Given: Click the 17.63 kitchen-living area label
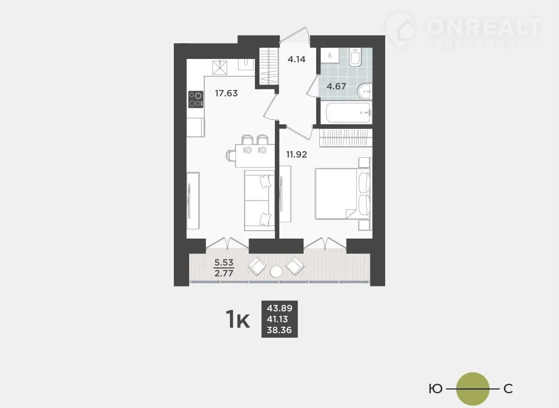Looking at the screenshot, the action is (226, 93).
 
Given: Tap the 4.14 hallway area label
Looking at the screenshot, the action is (297, 59).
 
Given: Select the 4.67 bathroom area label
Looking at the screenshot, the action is (337, 86).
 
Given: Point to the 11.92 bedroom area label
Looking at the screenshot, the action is (297, 155).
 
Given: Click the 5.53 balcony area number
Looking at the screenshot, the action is (224, 262).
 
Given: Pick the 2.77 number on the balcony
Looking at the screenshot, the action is (224, 273).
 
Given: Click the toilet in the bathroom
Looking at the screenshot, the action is (355, 58).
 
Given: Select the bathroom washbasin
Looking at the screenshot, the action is (365, 91).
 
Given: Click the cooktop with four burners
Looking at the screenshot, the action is (196, 99).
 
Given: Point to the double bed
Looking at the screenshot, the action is (343, 194).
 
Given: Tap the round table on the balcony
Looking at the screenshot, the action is (276, 272).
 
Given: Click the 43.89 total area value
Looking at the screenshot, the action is (279, 308).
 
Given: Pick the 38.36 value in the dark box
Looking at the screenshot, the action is (279, 330).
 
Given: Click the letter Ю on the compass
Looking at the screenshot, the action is (435, 389).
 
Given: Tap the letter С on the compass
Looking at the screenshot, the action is (508, 389).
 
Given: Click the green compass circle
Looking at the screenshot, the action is (473, 389).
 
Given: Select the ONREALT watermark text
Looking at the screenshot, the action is (483, 26).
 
